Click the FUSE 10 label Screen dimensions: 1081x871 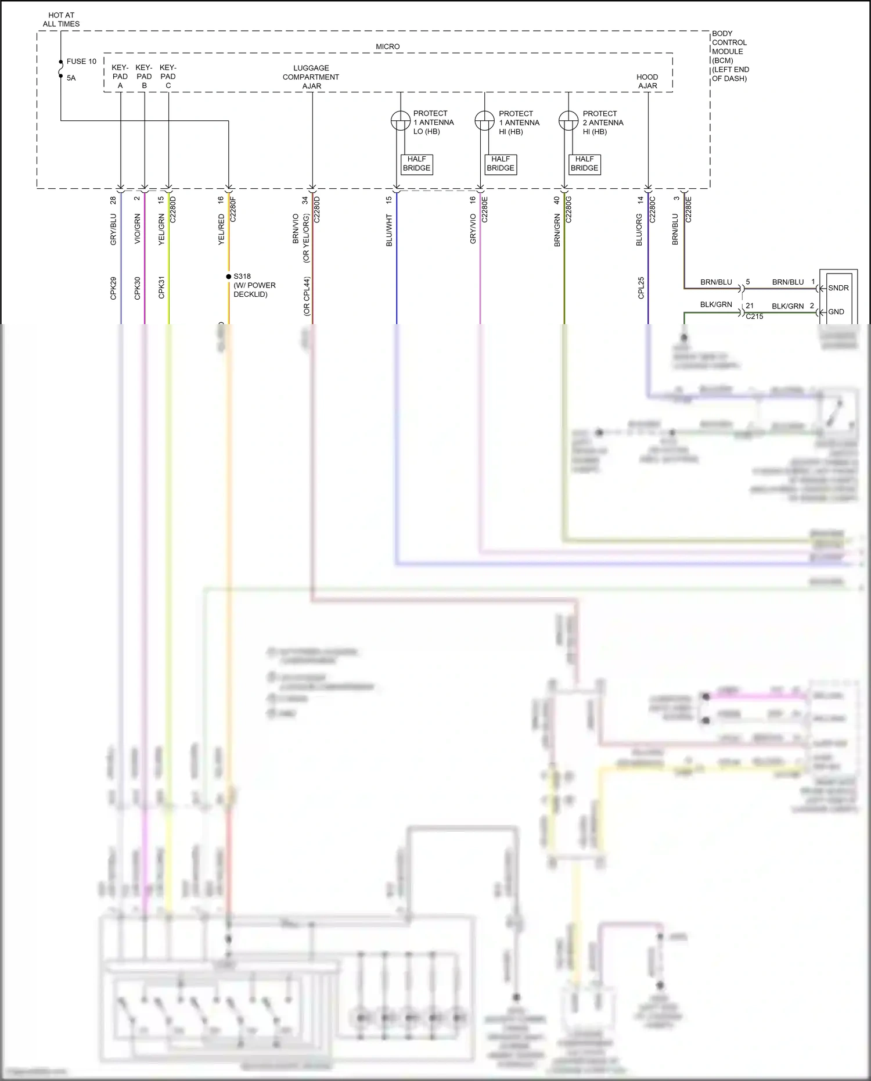coord(81,61)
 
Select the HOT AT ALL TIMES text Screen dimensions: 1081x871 coord(61,20)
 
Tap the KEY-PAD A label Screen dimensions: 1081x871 coord(120,77)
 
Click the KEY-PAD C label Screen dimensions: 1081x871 coord(168,77)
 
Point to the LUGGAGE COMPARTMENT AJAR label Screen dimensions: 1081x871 coord(311,77)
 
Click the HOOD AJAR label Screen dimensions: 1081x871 coord(647,81)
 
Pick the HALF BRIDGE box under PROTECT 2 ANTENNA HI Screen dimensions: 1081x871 coord(584,164)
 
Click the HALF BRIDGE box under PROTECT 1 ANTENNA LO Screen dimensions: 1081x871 coord(416,164)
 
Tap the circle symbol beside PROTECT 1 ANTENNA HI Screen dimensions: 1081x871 coord(484,121)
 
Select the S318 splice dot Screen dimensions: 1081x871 coord(229,276)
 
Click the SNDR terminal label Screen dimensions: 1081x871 coord(838,288)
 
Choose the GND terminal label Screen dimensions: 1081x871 coord(836,312)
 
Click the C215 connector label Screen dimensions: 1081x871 coord(754,317)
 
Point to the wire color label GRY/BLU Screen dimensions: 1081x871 coord(114,229)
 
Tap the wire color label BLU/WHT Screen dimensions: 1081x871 coord(390,230)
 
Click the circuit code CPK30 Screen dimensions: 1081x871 coord(138,288)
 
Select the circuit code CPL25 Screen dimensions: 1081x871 coord(641,288)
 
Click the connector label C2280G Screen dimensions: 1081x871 coord(569,209)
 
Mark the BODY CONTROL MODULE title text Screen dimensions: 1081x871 coord(730,56)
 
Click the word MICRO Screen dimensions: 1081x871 coord(387,46)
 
